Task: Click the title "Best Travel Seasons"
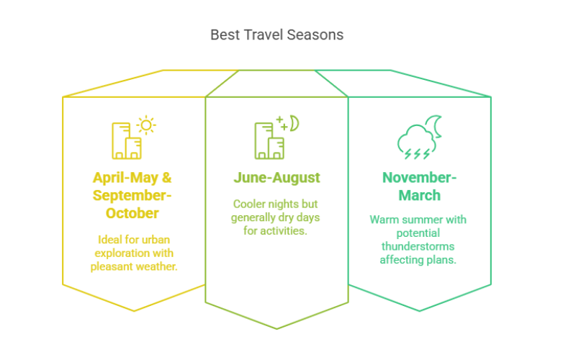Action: pyautogui.click(x=276, y=35)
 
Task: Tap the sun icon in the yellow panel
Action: pyautogui.click(x=146, y=125)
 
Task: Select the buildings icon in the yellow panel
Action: pyautogui.click(x=127, y=140)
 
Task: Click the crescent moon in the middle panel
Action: pyautogui.click(x=295, y=123)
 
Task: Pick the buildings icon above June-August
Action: pyautogui.click(x=269, y=140)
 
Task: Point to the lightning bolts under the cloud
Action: pyautogui.click(x=417, y=154)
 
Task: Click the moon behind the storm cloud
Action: pyautogui.click(x=437, y=127)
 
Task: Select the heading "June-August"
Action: pyautogui.click(x=276, y=178)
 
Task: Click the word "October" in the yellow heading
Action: pyautogui.click(x=132, y=213)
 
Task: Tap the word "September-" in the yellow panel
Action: pyautogui.click(x=132, y=195)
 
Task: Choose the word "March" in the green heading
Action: pyautogui.click(x=420, y=195)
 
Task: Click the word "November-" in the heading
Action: pyautogui.click(x=420, y=178)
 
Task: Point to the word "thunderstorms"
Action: pyautogui.click(x=418, y=246)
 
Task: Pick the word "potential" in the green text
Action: pyautogui.click(x=418, y=233)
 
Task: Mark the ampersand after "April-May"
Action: pyautogui.click(x=167, y=178)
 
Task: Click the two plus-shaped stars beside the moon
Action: pyautogui.click(x=282, y=123)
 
